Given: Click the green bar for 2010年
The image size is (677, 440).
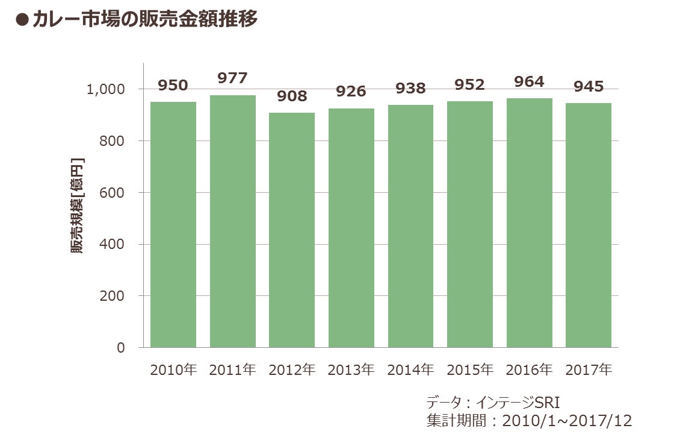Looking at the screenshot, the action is point(173,225).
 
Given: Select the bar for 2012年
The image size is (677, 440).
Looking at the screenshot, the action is point(292,230).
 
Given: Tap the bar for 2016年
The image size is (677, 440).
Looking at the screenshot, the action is point(530,223).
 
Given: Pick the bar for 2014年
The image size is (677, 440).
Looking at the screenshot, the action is point(410,226).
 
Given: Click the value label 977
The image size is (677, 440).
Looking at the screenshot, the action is point(232,78).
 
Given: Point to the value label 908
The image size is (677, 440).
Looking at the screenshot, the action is point(292,96).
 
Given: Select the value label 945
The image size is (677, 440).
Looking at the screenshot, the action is point(589,87).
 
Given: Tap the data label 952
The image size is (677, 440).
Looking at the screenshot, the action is point(470,84).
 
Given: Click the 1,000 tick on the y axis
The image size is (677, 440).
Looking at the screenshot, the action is point(106,90).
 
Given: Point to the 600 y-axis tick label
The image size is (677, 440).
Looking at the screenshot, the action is point(112,192).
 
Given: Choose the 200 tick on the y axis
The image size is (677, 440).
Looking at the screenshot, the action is point(112,296).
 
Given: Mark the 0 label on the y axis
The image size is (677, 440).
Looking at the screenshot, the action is point(121,347).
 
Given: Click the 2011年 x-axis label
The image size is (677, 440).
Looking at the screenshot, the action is point(232,369).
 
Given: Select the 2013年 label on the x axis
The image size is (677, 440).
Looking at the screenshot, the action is point(351,369).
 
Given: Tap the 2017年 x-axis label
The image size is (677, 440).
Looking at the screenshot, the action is point(589,369).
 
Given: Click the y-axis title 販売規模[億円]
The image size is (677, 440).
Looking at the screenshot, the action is point(77,206).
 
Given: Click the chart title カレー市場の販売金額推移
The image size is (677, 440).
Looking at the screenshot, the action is point(145,19).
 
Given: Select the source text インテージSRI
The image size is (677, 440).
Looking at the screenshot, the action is point(518,403).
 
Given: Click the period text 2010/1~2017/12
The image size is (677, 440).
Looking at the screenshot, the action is point(567,421).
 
